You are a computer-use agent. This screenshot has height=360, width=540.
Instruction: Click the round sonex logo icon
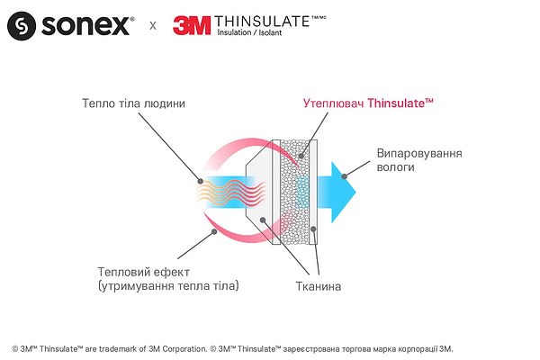pyautogui.click(x=22, y=27)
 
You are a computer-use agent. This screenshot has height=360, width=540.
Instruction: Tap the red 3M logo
pyautogui.click(x=191, y=25)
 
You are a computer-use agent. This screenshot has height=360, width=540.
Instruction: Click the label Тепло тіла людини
pyautogui.click(x=132, y=103)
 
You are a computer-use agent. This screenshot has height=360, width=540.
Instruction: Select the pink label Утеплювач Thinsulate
pyautogui.click(x=368, y=104)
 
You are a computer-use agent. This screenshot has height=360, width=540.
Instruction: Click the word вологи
pyautogui.click(x=396, y=168)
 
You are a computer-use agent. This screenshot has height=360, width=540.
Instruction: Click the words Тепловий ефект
pyautogui.click(x=142, y=271)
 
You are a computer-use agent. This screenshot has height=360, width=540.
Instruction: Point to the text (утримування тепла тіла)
pyautogui.click(x=168, y=286)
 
